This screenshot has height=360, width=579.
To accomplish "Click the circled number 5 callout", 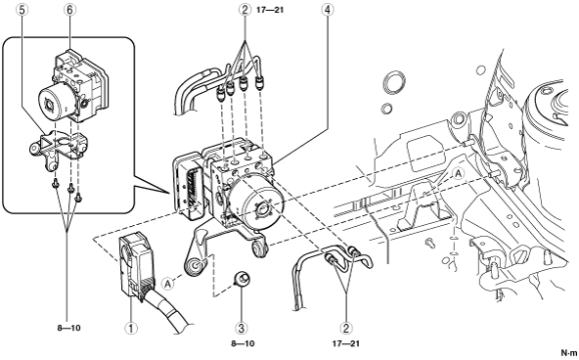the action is click(x=22, y=10).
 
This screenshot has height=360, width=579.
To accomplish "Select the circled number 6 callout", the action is click(x=69, y=10).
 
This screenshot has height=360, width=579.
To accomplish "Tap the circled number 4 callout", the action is click(x=328, y=10).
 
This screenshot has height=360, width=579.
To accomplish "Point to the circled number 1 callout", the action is click(x=131, y=328).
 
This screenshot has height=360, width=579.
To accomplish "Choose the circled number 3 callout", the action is click(x=242, y=328).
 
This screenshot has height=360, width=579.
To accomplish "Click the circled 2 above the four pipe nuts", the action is click(x=245, y=10).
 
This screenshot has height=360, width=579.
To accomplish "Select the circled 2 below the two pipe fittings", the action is click(x=346, y=328).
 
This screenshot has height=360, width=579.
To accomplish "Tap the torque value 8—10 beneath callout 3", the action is click(x=243, y=343).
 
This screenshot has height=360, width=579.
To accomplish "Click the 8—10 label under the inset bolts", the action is click(x=68, y=328).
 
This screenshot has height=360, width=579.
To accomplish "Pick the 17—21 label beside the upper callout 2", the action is click(x=270, y=10).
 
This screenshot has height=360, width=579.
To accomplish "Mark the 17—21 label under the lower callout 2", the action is click(x=345, y=343).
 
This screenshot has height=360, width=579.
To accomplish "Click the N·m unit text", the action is click(x=569, y=352).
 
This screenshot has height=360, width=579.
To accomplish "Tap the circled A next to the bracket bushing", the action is click(x=167, y=284).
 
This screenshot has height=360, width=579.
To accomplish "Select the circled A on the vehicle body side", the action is click(x=459, y=173).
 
